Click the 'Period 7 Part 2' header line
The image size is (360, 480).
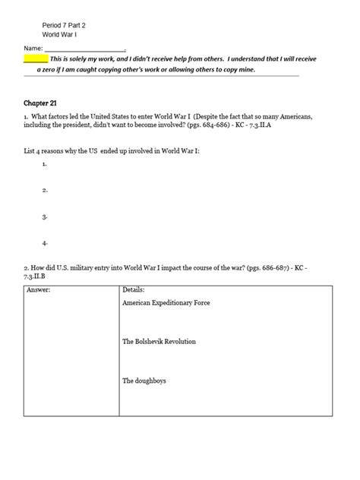65,24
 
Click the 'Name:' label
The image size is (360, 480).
33,48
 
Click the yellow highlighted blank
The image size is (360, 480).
36,58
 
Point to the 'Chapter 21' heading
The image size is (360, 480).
41,101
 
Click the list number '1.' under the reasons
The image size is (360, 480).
46,163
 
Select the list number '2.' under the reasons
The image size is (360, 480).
46,190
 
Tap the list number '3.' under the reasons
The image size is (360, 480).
46,216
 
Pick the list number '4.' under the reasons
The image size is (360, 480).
46,243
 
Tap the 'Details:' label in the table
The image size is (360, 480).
134,290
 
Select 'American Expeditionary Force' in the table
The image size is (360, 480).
166,302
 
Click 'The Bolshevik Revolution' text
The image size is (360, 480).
159,342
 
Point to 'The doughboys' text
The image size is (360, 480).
144,381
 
